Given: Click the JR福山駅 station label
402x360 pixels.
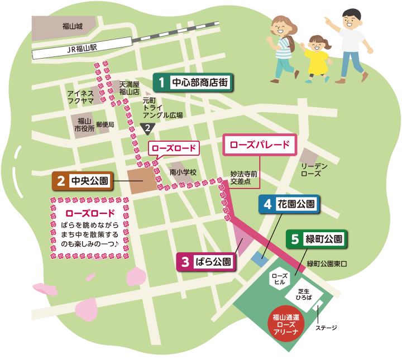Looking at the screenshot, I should (x=82, y=49).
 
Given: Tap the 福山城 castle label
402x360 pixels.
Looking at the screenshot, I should (x=73, y=26).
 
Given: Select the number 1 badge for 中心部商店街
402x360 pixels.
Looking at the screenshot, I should (x=161, y=83).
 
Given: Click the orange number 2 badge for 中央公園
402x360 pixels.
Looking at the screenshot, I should (x=60, y=181).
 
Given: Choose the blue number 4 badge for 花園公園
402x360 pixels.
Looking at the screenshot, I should (x=268, y=204).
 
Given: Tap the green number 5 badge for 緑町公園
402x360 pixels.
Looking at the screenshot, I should (x=295, y=240).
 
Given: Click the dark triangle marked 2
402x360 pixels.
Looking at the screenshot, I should (x=147, y=128).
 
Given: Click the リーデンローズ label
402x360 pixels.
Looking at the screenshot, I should (x=314, y=170).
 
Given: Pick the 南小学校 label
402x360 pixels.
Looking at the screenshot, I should (x=183, y=172).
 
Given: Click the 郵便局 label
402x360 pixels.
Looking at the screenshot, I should (x=105, y=124).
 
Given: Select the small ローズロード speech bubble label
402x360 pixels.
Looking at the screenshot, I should (x=174, y=148).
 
